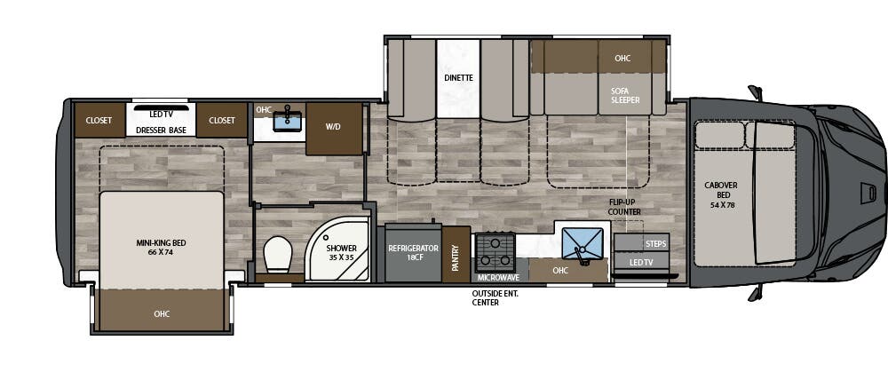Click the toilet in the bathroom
click(277, 254)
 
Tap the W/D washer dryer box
click(334, 127)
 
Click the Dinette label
click(458, 78)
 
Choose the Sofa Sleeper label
click(625, 95)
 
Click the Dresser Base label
click(161, 131)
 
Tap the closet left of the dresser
click(99, 121)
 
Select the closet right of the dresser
click(221, 121)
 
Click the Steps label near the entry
click(655, 243)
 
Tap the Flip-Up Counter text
click(625, 207)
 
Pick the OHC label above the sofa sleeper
click(622, 59)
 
